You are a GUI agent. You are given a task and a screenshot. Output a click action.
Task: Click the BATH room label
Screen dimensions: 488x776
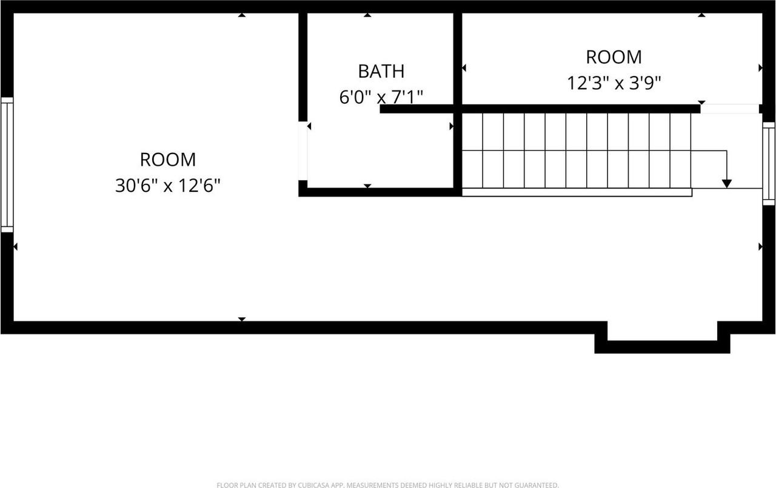[x=381, y=71]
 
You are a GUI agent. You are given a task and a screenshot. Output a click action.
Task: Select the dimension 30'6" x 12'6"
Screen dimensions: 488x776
[x=167, y=186]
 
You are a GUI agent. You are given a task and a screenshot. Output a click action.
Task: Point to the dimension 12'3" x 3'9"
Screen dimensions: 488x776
[x=614, y=83]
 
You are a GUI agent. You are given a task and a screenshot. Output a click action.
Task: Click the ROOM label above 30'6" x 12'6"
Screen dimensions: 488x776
[x=168, y=160]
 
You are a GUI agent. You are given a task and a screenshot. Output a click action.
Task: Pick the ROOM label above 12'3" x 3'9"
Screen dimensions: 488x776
[x=614, y=56]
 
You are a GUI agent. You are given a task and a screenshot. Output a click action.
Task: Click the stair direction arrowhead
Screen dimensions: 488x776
[x=727, y=183]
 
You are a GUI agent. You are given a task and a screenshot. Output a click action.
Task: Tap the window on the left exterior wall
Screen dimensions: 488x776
[x=7, y=164]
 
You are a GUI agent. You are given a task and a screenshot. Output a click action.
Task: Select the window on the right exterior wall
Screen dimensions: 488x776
[x=769, y=163]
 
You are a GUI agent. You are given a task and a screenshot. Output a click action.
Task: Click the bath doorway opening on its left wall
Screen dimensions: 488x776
[x=303, y=152]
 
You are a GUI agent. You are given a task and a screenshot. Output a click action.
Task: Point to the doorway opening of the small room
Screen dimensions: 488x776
[x=729, y=109]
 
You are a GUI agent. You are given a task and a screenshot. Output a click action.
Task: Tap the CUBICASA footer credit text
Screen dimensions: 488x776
[x=388, y=485]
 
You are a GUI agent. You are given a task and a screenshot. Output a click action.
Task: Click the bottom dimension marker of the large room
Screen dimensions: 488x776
[x=242, y=319]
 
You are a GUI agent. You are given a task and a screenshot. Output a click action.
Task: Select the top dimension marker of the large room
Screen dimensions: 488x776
[x=242, y=15]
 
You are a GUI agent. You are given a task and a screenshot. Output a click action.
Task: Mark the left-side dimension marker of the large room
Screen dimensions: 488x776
[x=16, y=246]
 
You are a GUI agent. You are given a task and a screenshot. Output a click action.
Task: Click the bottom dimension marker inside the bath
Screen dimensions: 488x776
[x=367, y=186]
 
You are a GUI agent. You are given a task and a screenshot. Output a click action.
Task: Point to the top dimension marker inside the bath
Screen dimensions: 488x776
[x=367, y=15]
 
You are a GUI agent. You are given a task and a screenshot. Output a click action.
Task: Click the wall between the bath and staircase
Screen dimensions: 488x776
[x=458, y=152]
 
